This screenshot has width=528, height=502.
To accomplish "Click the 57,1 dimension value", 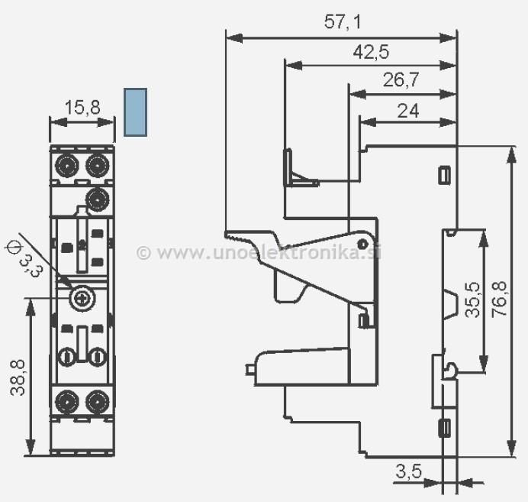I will (343, 22).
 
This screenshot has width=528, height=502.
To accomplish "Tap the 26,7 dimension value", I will (400, 81).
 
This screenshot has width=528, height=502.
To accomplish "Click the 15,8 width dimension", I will (82, 108).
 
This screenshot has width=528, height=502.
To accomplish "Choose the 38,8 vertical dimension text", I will (17, 377).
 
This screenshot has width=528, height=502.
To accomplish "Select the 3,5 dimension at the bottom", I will (409, 471).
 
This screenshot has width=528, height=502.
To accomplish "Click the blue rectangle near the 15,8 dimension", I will (135, 112).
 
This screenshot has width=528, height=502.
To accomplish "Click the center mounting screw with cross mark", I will (82, 298).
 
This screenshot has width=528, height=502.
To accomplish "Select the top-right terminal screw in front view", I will (96, 164).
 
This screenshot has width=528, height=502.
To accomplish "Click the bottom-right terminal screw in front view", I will (96, 400).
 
